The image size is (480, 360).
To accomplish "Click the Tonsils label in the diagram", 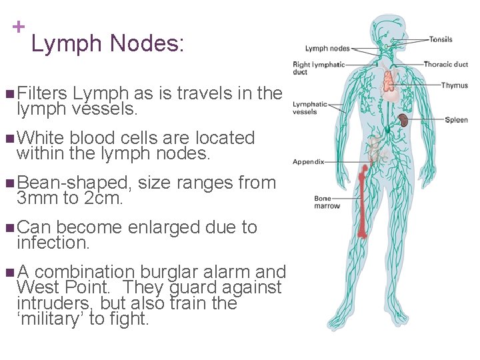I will coord(441,39).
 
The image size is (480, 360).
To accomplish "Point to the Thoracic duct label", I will coord(445,65).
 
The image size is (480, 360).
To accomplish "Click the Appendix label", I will coord(308,161).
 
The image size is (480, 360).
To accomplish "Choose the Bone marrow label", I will coord(327,202).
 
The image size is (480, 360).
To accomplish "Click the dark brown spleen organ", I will coord(404,121).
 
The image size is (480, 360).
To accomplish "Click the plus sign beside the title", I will coord(19,27).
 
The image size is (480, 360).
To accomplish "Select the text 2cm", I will coord(107,199).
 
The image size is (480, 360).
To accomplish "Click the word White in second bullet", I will coord(40,138).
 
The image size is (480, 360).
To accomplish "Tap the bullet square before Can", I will coord(8,228).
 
